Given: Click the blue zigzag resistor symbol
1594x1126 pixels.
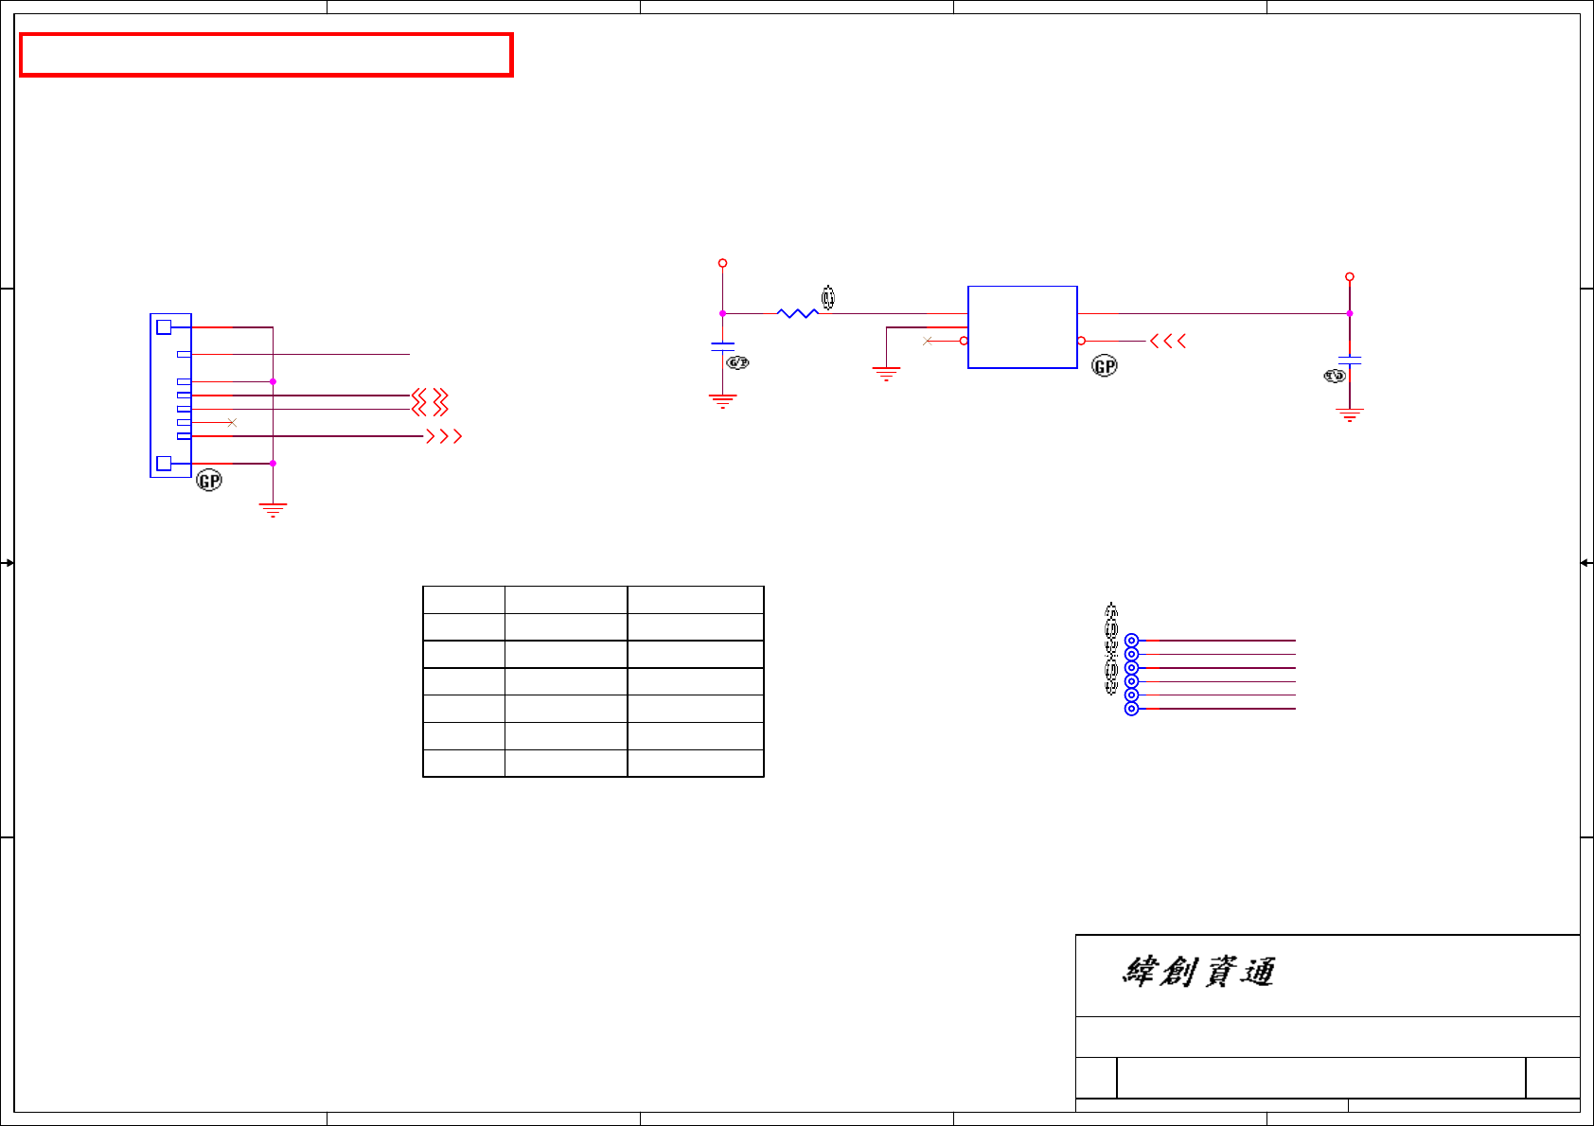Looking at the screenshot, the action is (x=797, y=313).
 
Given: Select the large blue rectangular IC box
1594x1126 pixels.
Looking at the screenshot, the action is (x=1022, y=326).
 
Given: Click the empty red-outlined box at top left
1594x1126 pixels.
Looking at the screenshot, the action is (x=266, y=55).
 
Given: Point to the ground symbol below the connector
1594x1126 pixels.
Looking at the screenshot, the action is (x=273, y=510).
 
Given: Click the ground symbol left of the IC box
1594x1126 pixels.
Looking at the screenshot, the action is (x=886, y=374).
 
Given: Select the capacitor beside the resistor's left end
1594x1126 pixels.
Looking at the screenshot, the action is (x=722, y=347).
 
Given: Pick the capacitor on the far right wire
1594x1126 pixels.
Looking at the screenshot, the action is (x=1350, y=361).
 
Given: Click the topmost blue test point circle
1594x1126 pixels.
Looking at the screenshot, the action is (x=1131, y=641).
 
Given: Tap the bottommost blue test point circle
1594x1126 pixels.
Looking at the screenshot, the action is (x=1131, y=709).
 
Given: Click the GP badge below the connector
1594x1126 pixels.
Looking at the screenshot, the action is (x=209, y=481).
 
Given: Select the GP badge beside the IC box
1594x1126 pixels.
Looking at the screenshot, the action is (x=1105, y=366).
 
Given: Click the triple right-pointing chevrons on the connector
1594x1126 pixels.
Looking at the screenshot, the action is (x=444, y=436).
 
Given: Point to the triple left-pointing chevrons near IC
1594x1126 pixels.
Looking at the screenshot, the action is (x=1168, y=341).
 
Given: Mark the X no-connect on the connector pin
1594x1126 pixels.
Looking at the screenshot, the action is (x=232, y=422).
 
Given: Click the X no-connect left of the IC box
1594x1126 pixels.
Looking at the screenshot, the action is (x=928, y=341).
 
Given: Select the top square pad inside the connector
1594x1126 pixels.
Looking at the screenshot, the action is (x=164, y=327).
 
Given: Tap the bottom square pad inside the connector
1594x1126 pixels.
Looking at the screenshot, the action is (x=164, y=464).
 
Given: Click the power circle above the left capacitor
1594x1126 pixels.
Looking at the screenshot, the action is (x=722, y=263).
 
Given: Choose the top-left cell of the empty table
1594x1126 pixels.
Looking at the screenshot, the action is (x=464, y=600).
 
